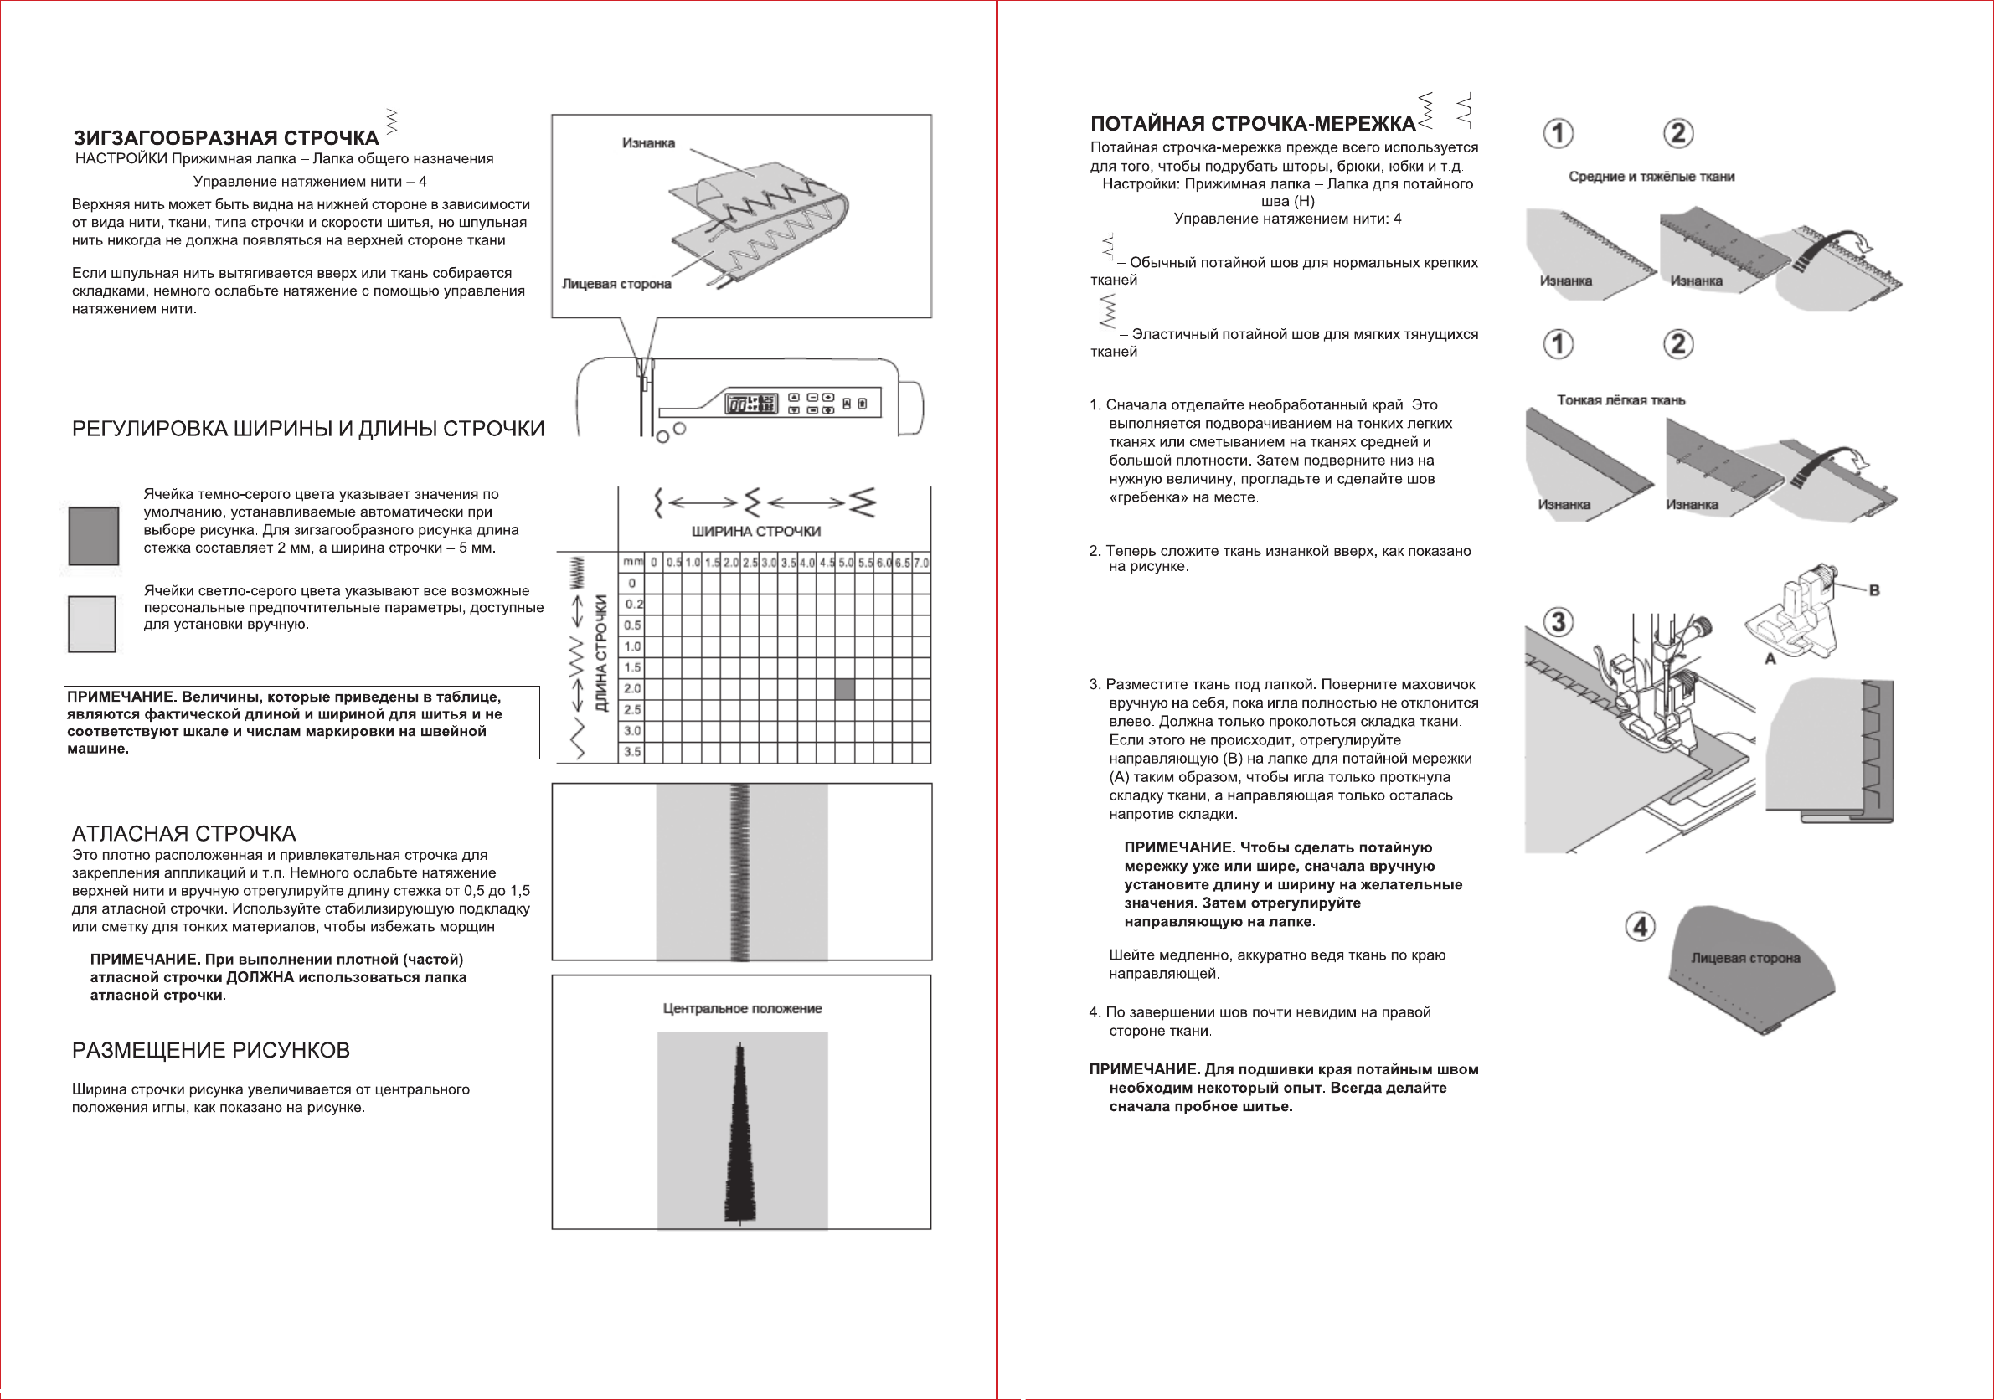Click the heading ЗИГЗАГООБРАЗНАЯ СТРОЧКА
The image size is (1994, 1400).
226,138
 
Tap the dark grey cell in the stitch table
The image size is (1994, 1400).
844,689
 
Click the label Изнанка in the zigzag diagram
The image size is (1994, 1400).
648,143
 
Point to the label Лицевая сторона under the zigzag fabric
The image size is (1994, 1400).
616,284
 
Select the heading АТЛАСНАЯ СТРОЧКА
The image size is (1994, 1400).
183,834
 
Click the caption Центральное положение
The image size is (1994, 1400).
742,1008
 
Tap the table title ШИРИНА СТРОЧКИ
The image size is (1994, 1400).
755,531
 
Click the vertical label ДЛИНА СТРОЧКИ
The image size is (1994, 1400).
601,653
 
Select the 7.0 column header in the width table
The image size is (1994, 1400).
920,563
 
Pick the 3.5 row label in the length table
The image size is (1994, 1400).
632,752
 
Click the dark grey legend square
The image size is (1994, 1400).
94,536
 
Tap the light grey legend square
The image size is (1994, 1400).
92,624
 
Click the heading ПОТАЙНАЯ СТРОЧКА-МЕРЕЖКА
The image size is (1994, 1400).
1252,124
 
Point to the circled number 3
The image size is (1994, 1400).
1558,622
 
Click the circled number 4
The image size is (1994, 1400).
1640,927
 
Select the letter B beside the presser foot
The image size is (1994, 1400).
1874,590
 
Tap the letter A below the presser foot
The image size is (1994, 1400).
1770,659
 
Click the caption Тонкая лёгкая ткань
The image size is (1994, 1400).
1620,400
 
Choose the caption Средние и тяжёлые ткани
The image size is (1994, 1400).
1651,178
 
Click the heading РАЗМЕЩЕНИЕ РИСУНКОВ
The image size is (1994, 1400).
210,1050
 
